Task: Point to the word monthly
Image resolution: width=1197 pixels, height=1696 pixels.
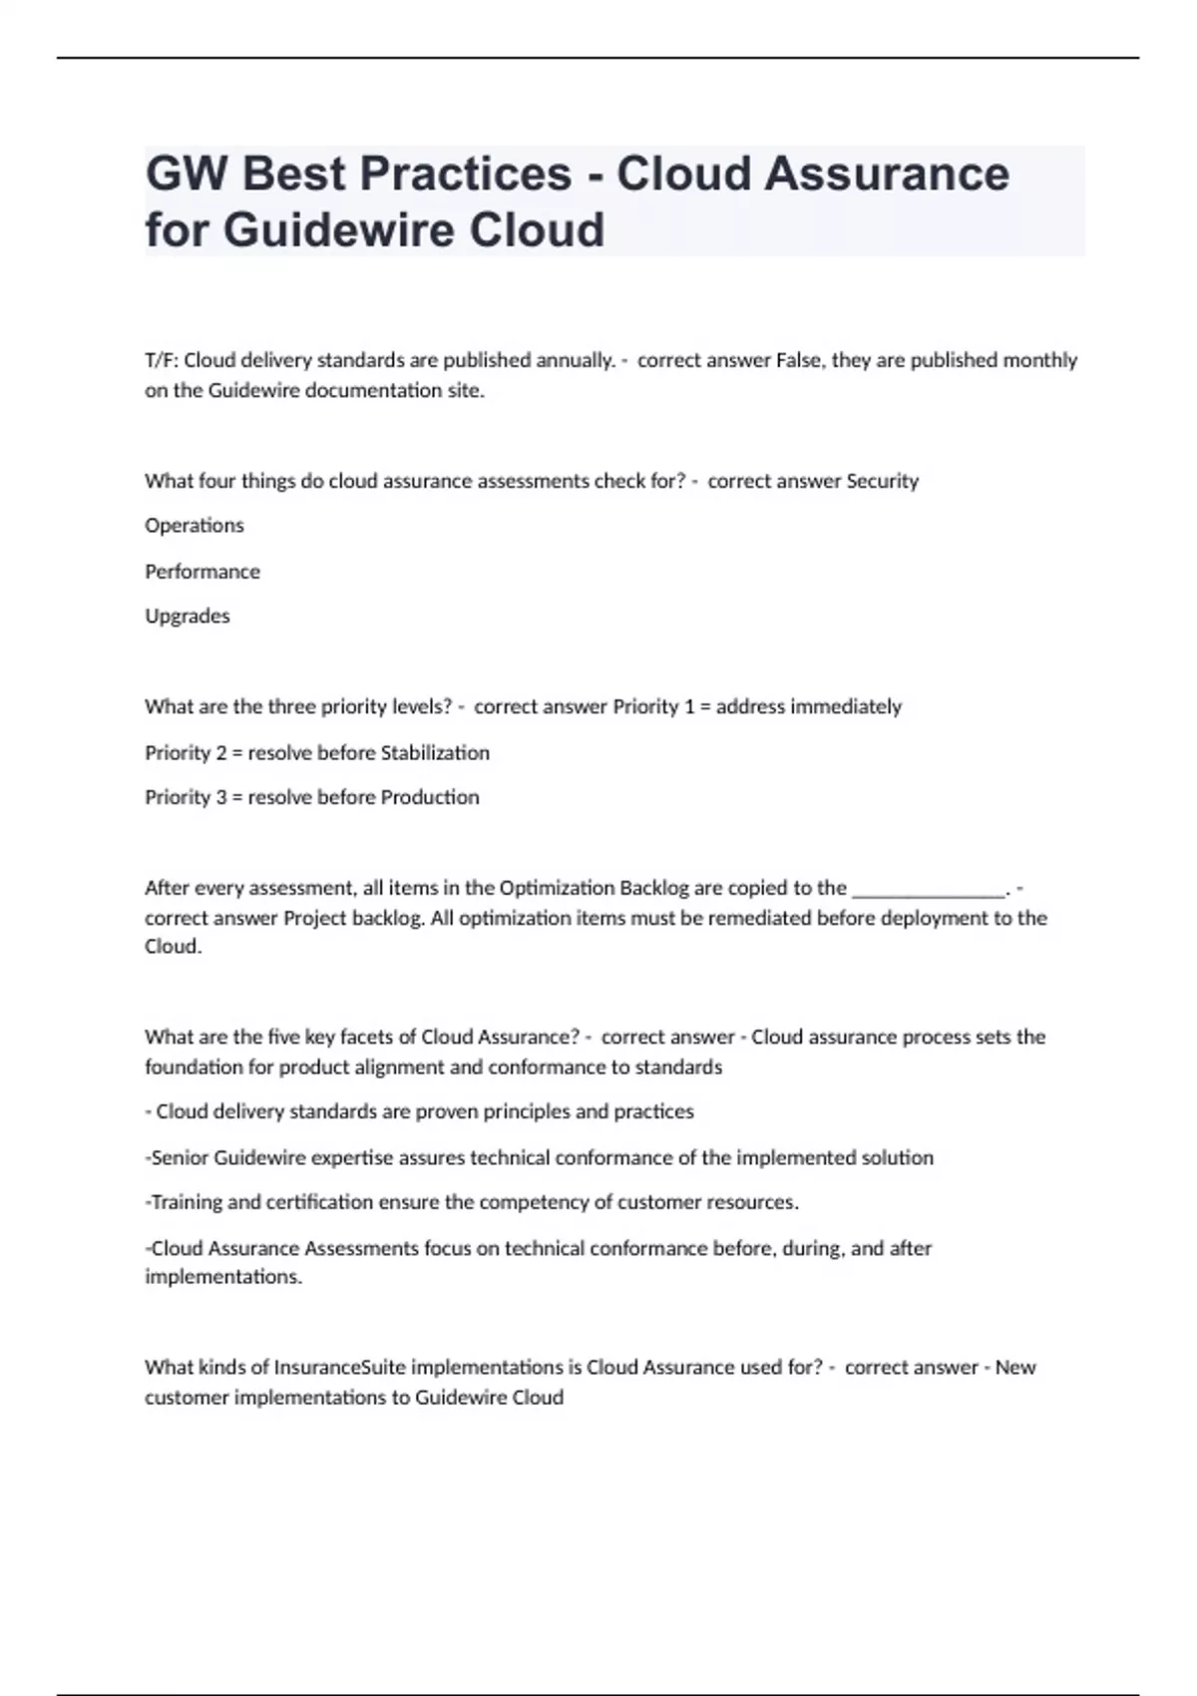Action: click(1039, 360)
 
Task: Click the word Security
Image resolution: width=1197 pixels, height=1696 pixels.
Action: click(882, 481)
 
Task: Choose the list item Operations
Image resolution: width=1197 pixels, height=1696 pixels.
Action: click(195, 526)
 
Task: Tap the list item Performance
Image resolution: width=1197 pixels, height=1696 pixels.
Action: click(202, 572)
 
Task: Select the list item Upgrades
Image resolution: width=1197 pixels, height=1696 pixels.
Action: click(188, 617)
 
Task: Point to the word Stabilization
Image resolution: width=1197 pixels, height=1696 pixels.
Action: click(435, 753)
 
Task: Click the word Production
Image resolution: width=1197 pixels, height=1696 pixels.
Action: click(430, 798)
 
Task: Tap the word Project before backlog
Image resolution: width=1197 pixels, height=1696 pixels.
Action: click(314, 919)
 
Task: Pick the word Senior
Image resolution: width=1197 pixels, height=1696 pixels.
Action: click(180, 1158)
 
